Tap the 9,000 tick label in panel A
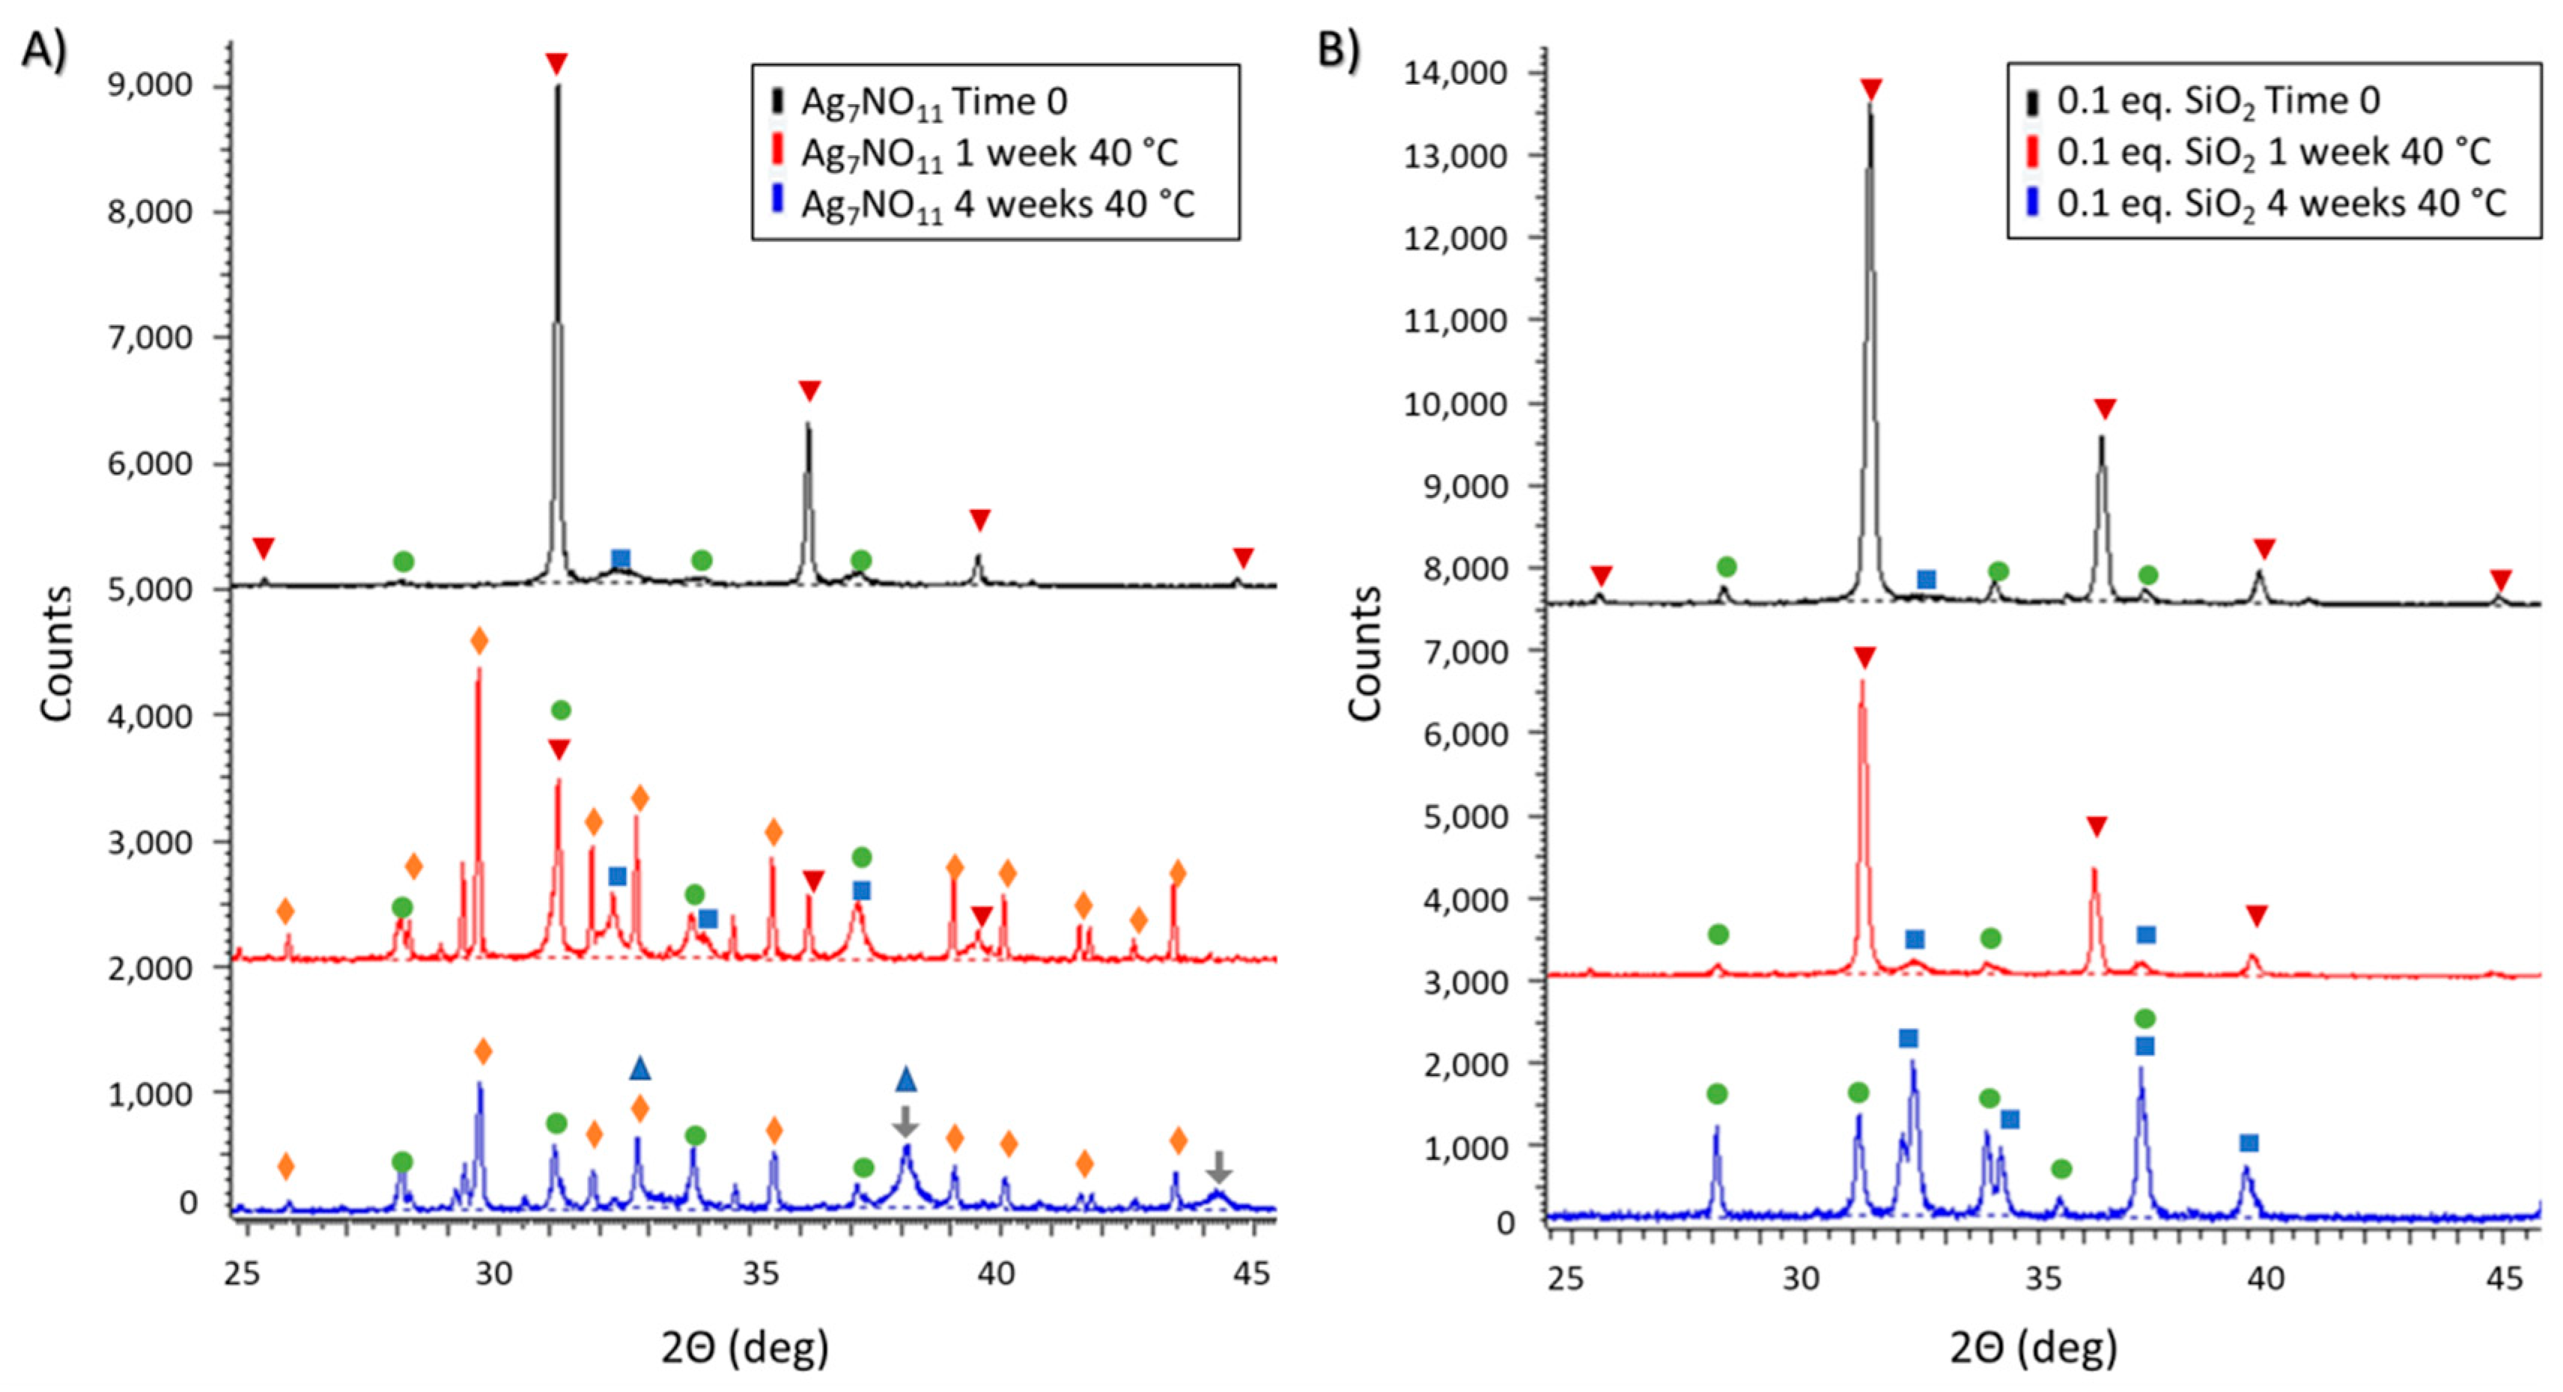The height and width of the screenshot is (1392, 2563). coord(149,85)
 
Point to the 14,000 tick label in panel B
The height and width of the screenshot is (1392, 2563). coord(1455,73)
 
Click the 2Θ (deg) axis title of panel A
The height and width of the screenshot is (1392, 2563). coord(745,1349)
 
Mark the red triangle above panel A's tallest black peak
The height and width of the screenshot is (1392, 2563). coord(556,64)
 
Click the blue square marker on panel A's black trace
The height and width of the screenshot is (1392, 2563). coord(620,558)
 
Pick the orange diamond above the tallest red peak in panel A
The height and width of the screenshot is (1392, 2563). coord(478,642)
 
